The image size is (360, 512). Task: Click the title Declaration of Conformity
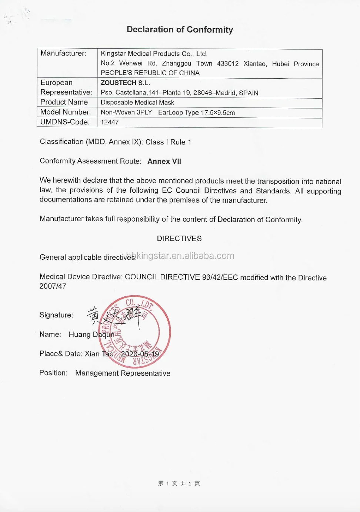180,30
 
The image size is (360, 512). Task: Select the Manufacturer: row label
63,53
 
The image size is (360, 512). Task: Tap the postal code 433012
228,63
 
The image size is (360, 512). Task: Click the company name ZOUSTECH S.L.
125,83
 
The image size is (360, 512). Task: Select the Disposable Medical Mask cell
137,102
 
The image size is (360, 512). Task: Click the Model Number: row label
66,112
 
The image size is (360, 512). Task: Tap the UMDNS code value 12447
110,122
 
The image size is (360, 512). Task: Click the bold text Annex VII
164,161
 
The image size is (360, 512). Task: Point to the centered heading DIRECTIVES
179,238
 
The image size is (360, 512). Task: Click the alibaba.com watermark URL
180,256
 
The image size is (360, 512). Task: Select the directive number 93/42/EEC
220,277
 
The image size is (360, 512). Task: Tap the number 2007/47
53,286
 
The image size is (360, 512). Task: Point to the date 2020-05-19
140,354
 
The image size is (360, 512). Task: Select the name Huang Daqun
91,335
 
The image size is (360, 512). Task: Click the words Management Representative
123,373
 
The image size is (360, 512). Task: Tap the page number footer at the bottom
179,483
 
